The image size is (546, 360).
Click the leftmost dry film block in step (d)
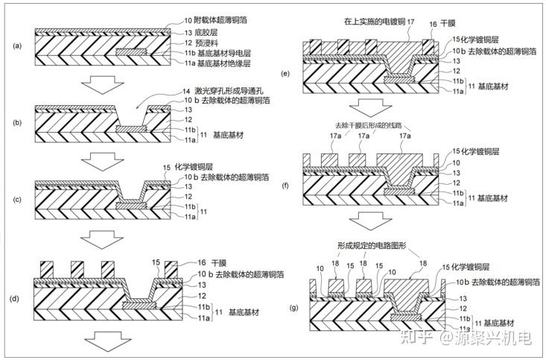[46, 269]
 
